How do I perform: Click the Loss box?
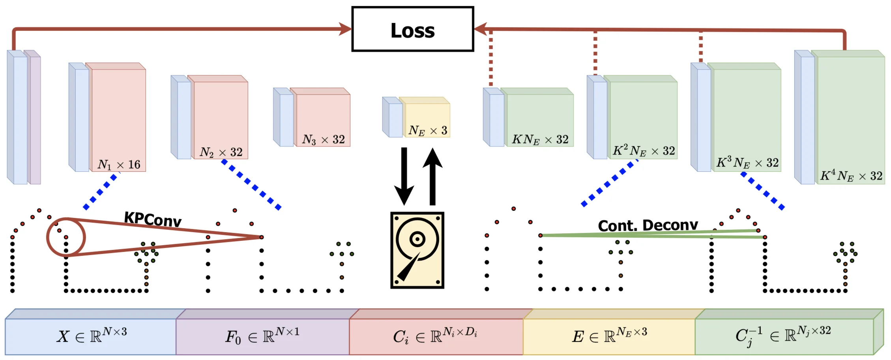(x=412, y=29)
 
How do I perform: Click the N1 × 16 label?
(x=119, y=164)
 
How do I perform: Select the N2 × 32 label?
(x=221, y=152)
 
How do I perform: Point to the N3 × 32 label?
(x=323, y=139)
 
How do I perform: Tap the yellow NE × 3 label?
(x=428, y=130)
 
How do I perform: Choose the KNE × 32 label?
(x=540, y=139)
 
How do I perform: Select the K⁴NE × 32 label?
(x=851, y=176)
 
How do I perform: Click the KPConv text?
(x=153, y=219)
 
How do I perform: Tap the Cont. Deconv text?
(x=648, y=225)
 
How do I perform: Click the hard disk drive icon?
(x=417, y=250)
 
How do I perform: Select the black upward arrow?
(x=432, y=176)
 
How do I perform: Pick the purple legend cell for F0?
(x=262, y=336)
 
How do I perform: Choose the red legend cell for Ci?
(x=436, y=336)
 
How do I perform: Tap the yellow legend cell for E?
(x=609, y=336)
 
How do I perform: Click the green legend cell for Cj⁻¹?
(x=784, y=336)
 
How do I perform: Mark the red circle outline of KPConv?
(x=47, y=237)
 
